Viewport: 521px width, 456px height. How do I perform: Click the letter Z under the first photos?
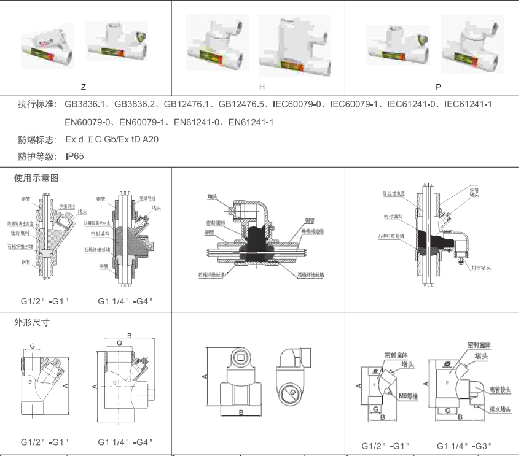click(x=83, y=87)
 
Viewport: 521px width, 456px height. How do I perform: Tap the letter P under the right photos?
click(x=438, y=87)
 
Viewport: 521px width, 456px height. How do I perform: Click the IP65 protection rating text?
click(x=74, y=157)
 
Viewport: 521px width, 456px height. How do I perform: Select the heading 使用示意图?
click(x=36, y=178)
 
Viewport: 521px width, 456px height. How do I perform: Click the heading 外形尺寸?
click(x=31, y=322)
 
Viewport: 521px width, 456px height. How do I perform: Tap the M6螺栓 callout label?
click(x=408, y=395)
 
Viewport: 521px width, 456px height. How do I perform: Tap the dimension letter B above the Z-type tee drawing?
click(x=129, y=335)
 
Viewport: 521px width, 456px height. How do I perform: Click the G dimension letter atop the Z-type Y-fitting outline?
click(x=33, y=346)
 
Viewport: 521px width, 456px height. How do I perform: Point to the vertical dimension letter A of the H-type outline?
click(x=205, y=375)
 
